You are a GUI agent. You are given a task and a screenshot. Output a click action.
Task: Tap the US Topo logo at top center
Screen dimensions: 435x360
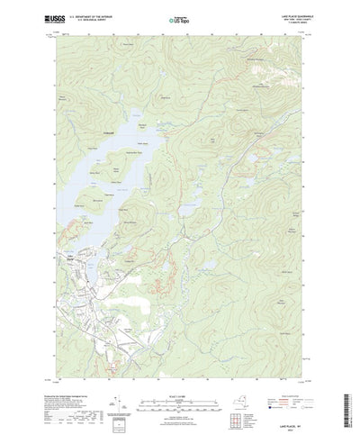pos(177,18)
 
